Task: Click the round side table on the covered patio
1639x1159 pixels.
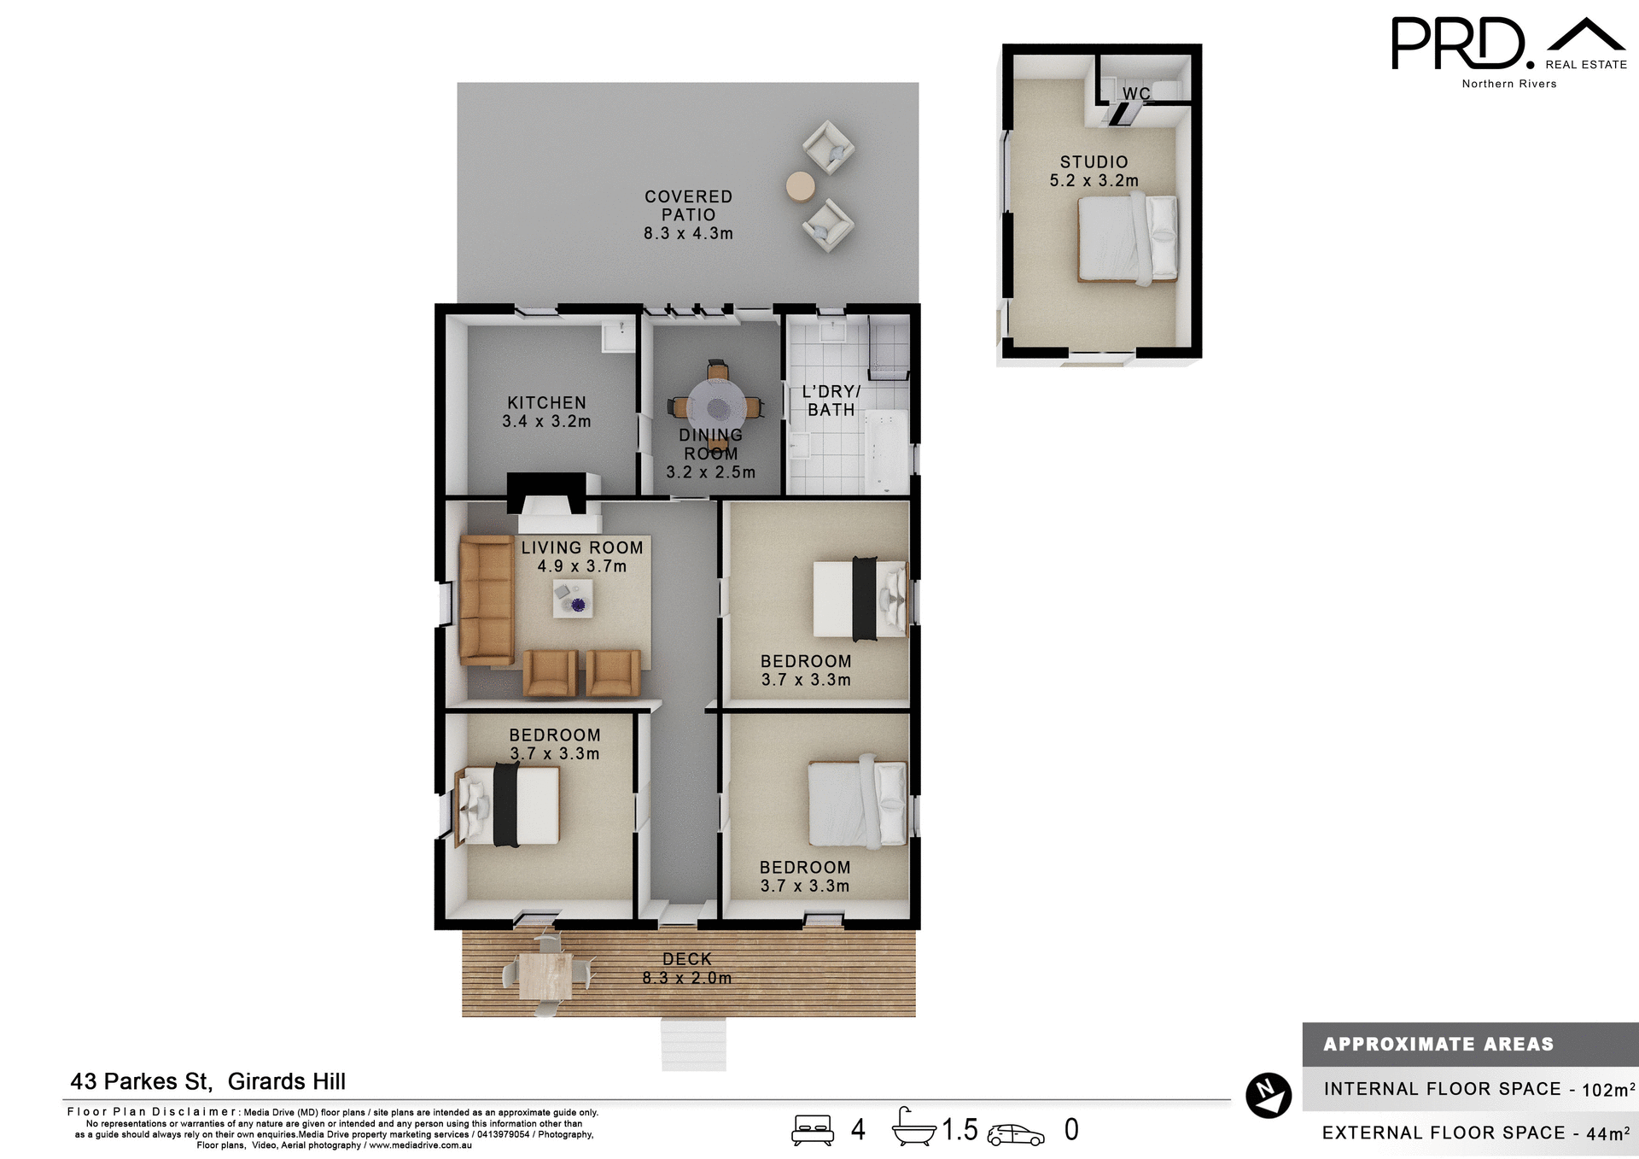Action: [800, 186]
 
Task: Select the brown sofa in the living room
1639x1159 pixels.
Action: [486, 600]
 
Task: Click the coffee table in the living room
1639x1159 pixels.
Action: [572, 598]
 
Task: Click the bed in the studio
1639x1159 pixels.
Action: [1127, 239]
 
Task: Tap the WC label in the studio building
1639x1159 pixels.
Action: [1136, 93]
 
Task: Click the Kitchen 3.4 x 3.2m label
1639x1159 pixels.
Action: [546, 412]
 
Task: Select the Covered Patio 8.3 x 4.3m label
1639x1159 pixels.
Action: [688, 214]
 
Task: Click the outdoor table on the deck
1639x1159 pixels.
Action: [545, 975]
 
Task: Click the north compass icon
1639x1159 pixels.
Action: [1268, 1095]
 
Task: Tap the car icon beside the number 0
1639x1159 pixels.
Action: [1015, 1134]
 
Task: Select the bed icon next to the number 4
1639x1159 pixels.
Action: [812, 1129]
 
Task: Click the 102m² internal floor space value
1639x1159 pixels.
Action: [1607, 1090]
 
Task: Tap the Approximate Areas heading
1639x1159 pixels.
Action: [1438, 1044]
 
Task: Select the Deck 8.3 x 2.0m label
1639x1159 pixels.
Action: [687, 969]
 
